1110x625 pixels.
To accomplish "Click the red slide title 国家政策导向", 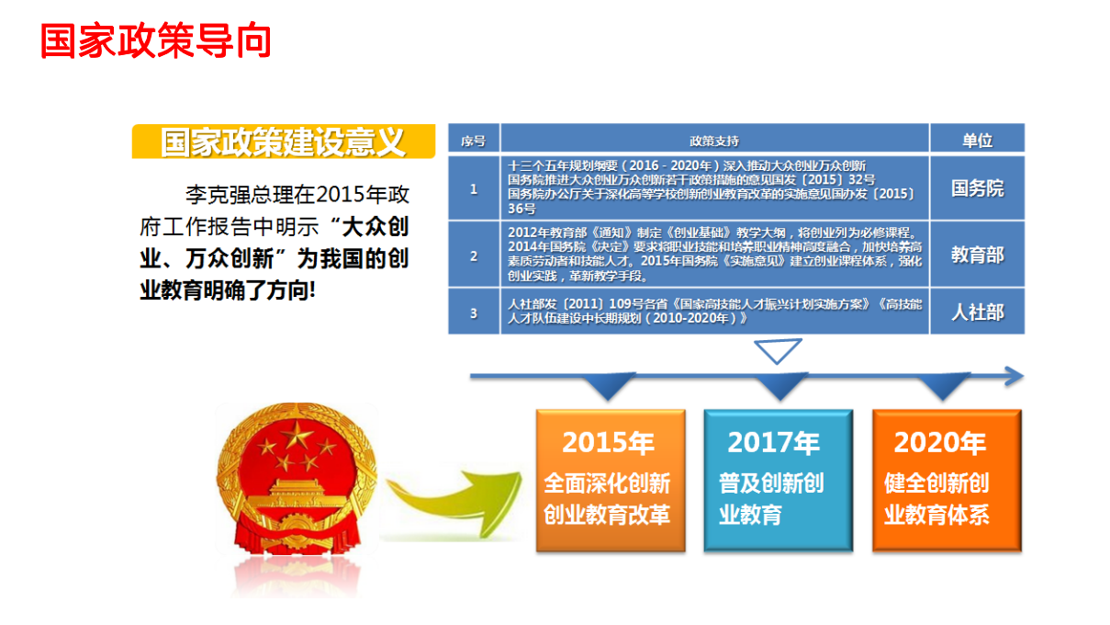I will click(155, 42).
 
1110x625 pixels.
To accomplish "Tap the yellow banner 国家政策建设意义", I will click(282, 142).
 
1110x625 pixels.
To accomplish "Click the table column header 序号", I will click(474, 141).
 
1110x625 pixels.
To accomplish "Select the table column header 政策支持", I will click(714, 141).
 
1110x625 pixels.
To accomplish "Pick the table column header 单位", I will click(977, 141).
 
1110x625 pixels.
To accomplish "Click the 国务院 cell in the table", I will click(977, 188).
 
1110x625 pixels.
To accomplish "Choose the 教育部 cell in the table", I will click(977, 255).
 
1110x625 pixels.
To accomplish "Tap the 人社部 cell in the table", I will click(977, 312).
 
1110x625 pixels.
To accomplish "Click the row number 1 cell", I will click(474, 188).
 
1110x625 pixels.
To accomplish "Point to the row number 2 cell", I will click(474, 256).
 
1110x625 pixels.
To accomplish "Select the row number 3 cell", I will click(474, 312).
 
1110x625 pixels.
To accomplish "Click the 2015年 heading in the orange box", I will click(608, 443).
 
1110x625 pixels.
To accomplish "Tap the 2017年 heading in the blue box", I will click(773, 443).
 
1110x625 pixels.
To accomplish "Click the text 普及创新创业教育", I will click(771, 498).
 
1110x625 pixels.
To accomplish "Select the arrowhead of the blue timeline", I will click(1013, 376).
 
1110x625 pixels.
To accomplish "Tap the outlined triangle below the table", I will click(778, 350).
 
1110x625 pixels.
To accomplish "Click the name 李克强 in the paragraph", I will click(217, 195).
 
